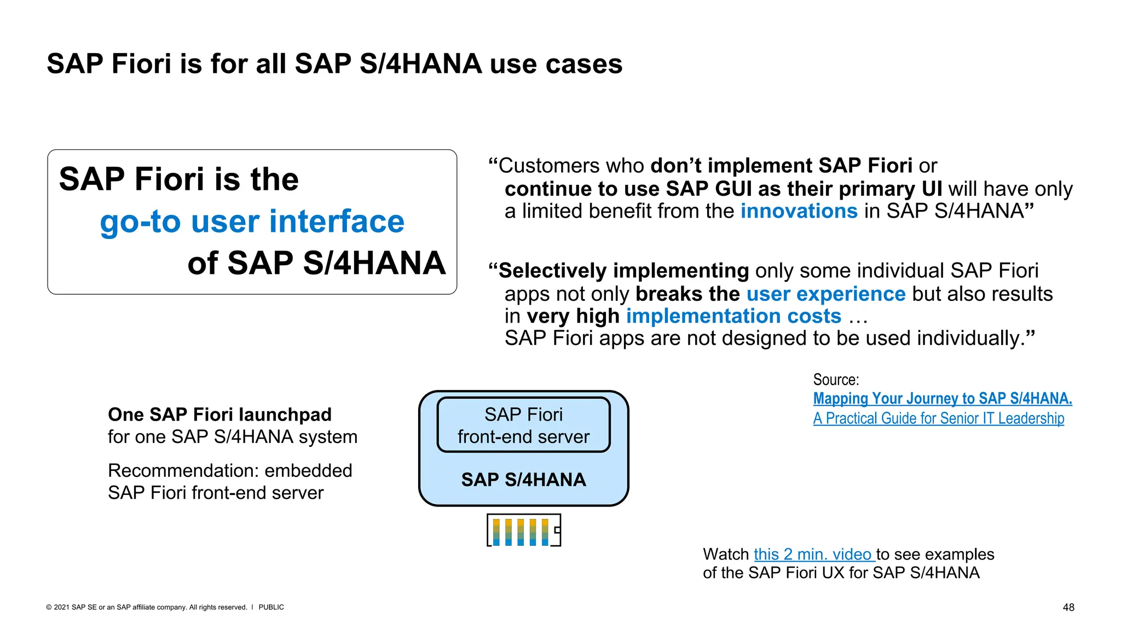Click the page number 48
point(1068,608)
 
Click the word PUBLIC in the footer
point(271,607)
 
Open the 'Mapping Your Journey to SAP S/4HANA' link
point(942,398)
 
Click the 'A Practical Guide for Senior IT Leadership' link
point(938,418)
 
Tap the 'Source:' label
point(836,380)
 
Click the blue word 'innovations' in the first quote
point(799,211)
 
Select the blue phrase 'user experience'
point(825,294)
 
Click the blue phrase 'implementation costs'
point(733,316)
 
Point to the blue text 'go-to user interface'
point(252,221)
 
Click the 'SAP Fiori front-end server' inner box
point(523,425)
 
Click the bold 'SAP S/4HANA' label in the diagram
point(523,480)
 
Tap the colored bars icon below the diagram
point(523,530)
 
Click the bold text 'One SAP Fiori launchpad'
point(219,415)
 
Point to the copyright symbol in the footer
point(49,607)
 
